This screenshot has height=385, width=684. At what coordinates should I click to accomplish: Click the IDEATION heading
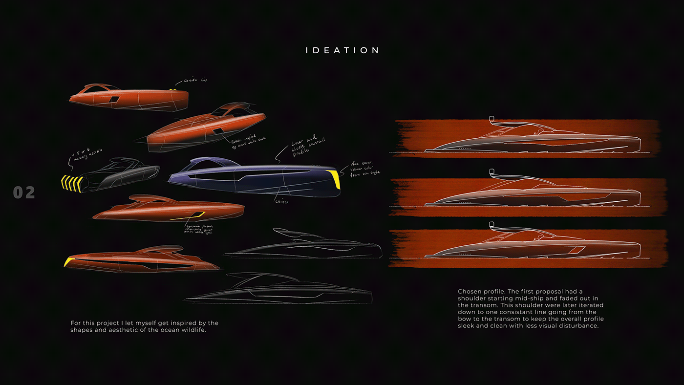(x=342, y=50)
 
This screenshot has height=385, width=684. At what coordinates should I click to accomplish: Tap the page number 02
(x=24, y=192)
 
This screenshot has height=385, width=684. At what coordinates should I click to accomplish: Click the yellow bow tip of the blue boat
(x=335, y=178)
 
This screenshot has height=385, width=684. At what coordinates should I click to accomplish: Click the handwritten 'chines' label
(x=282, y=200)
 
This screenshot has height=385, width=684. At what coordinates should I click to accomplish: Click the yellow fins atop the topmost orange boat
(x=172, y=90)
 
